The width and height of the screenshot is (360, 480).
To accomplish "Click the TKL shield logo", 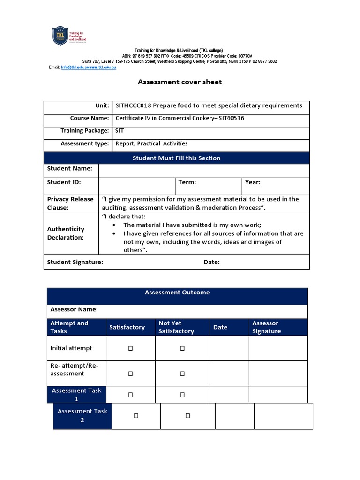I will (x=59, y=36).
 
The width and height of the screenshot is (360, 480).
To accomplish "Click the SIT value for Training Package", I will (x=120, y=131).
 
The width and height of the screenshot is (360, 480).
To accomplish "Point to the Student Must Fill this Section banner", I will (x=176, y=158).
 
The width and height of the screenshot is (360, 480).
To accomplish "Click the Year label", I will (x=253, y=182).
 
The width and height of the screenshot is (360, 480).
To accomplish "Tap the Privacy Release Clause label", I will (x=70, y=203).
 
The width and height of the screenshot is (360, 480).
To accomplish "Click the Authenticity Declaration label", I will (x=66, y=233).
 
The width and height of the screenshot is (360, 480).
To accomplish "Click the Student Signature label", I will (x=75, y=262).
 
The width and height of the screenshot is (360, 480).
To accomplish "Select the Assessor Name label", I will (x=74, y=309).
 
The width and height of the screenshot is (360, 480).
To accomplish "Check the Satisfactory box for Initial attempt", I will (x=130, y=348).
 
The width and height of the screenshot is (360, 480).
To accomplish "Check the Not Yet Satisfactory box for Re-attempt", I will (x=182, y=374).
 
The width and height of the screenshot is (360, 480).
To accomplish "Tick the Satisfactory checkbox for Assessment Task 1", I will (x=130, y=395).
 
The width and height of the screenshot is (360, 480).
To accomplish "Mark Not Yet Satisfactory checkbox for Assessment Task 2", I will (x=187, y=415).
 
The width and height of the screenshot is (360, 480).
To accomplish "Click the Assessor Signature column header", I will (x=266, y=327).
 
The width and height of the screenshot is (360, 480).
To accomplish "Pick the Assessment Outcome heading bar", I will (x=177, y=292).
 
